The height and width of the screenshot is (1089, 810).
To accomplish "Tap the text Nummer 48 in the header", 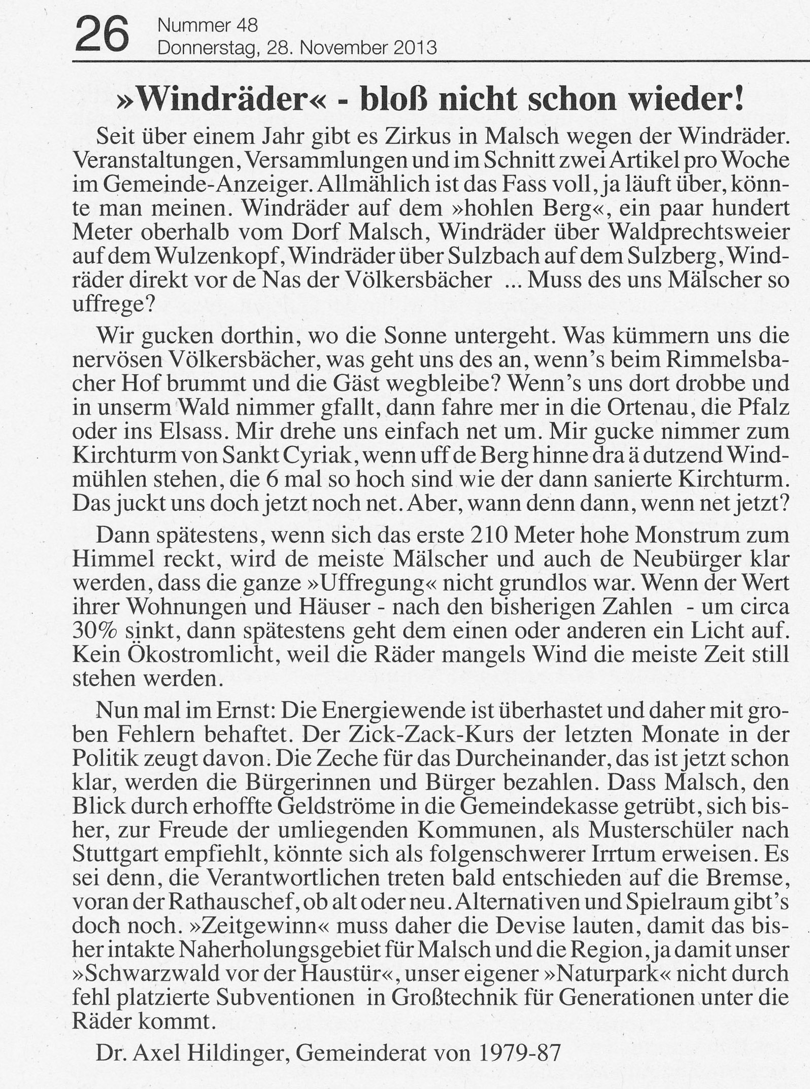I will [208, 24].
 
